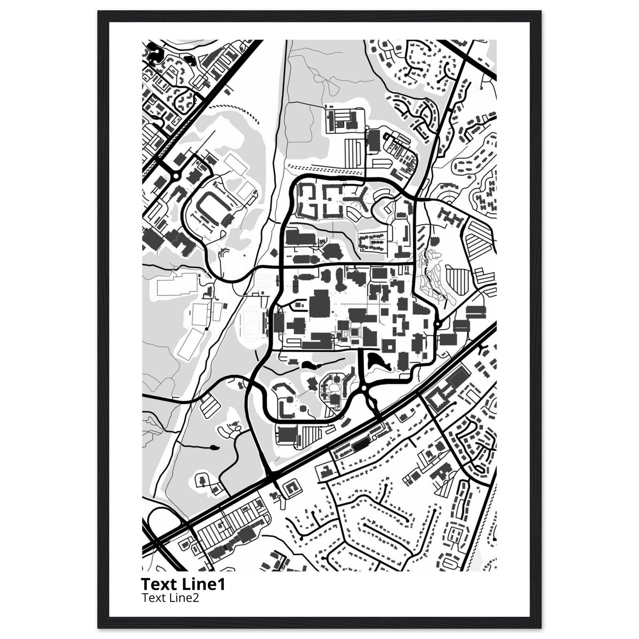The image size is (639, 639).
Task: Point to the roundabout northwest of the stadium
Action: [176, 176]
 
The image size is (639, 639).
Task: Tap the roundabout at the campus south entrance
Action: [364, 388]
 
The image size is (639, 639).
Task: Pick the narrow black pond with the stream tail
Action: [311, 365]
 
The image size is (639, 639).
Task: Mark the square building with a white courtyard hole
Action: [389, 346]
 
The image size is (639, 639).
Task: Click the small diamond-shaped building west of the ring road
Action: [274, 253]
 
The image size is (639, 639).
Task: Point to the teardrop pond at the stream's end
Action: [214, 448]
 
